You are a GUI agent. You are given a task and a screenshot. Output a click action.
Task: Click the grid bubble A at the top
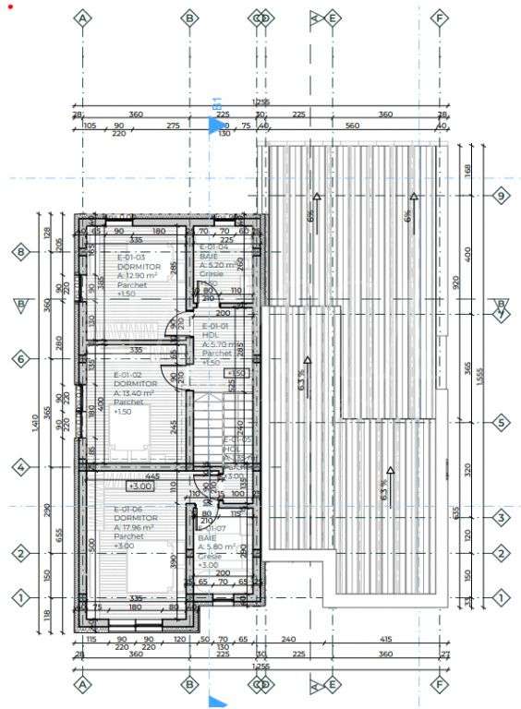click(83, 18)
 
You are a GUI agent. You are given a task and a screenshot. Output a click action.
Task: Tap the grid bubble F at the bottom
click(440, 685)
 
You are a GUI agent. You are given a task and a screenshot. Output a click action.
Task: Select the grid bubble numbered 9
click(502, 196)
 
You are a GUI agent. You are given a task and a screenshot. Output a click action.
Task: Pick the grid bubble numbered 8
click(20, 251)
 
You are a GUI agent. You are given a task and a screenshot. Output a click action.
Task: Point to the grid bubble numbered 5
click(502, 423)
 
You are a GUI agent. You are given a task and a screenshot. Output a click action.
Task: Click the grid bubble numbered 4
click(20, 469)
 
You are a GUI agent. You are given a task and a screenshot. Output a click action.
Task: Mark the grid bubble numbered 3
click(502, 518)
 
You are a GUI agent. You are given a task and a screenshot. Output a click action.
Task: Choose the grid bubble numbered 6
click(20, 359)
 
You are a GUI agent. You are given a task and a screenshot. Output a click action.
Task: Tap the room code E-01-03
click(129, 258)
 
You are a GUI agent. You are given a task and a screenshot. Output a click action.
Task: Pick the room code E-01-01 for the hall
click(215, 326)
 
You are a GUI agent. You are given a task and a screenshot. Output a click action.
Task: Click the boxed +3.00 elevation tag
click(139, 487)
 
